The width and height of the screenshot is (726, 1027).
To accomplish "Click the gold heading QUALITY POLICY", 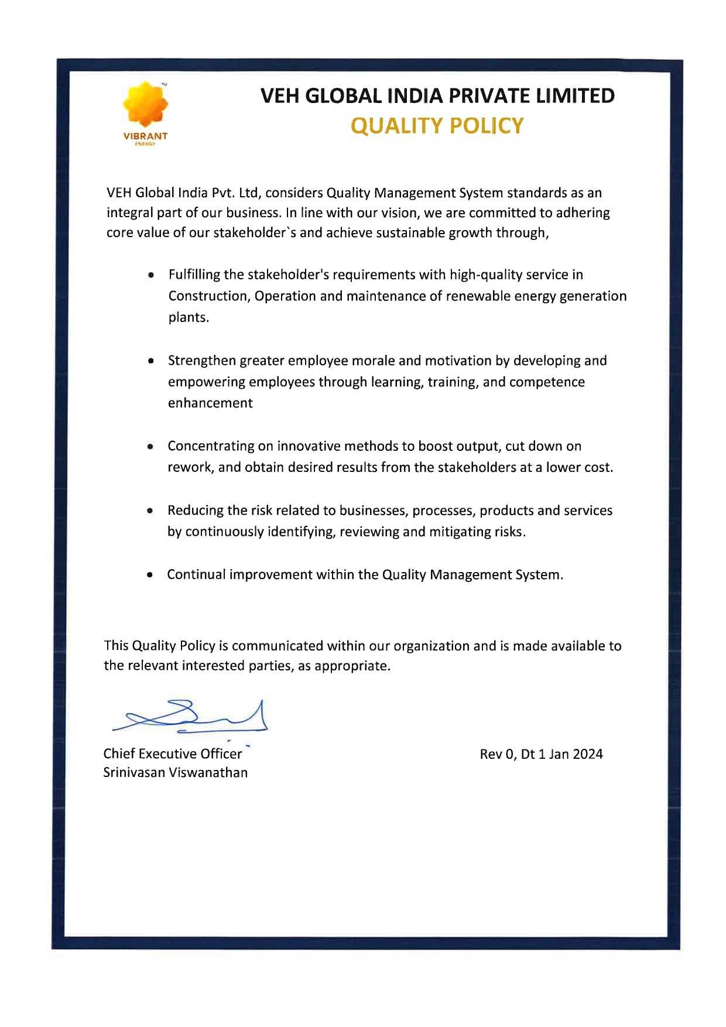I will coord(437,126).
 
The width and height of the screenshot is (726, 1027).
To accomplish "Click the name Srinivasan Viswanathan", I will coord(175,773).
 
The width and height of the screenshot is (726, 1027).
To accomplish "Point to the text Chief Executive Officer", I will coord(173,754).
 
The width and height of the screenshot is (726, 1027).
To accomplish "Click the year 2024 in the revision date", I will coord(588,754).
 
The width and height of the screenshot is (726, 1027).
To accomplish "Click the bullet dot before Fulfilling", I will coord(152,275).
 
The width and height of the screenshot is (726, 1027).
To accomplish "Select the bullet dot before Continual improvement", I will coord(150,575).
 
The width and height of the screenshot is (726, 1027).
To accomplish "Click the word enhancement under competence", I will coord(210,403).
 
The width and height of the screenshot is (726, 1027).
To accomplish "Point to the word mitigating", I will coord(466,532).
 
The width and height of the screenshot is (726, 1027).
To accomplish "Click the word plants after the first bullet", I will coord(188,318).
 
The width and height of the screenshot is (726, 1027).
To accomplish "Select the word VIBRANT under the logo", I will coord(145,136).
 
